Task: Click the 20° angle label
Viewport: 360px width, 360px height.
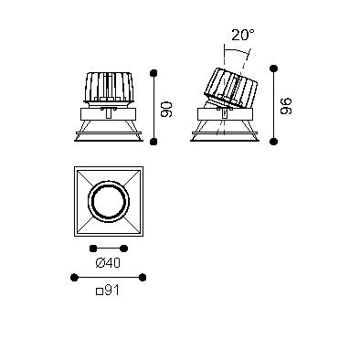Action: (x=242, y=35)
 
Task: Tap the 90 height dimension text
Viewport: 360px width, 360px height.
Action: (x=166, y=110)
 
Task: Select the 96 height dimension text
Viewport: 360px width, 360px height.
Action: (x=286, y=106)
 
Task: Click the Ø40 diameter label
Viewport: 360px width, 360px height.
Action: (x=108, y=262)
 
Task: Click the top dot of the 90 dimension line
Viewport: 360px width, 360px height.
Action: (x=154, y=73)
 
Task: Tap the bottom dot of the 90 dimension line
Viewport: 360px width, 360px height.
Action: (x=154, y=141)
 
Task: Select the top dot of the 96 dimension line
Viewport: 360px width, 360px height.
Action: (x=274, y=69)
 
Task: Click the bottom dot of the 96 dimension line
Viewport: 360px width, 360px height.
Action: (x=274, y=141)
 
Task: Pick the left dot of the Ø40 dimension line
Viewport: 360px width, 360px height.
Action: (x=93, y=249)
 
